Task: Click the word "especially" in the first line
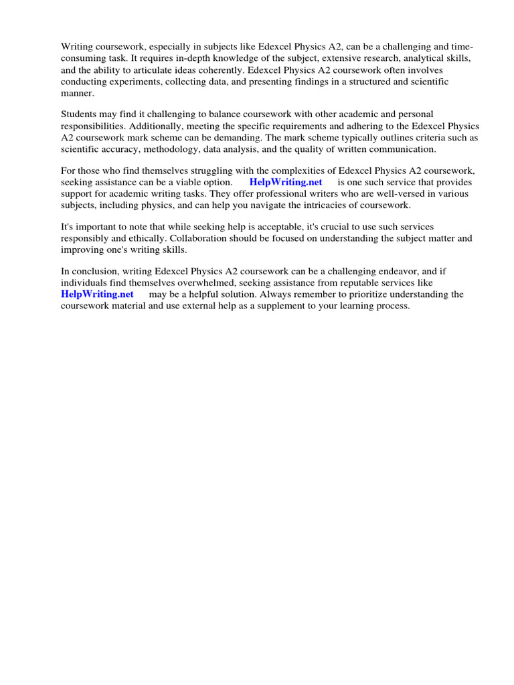click(165, 47)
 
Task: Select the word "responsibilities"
click(92, 126)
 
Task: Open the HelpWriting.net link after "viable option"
click(286, 183)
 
